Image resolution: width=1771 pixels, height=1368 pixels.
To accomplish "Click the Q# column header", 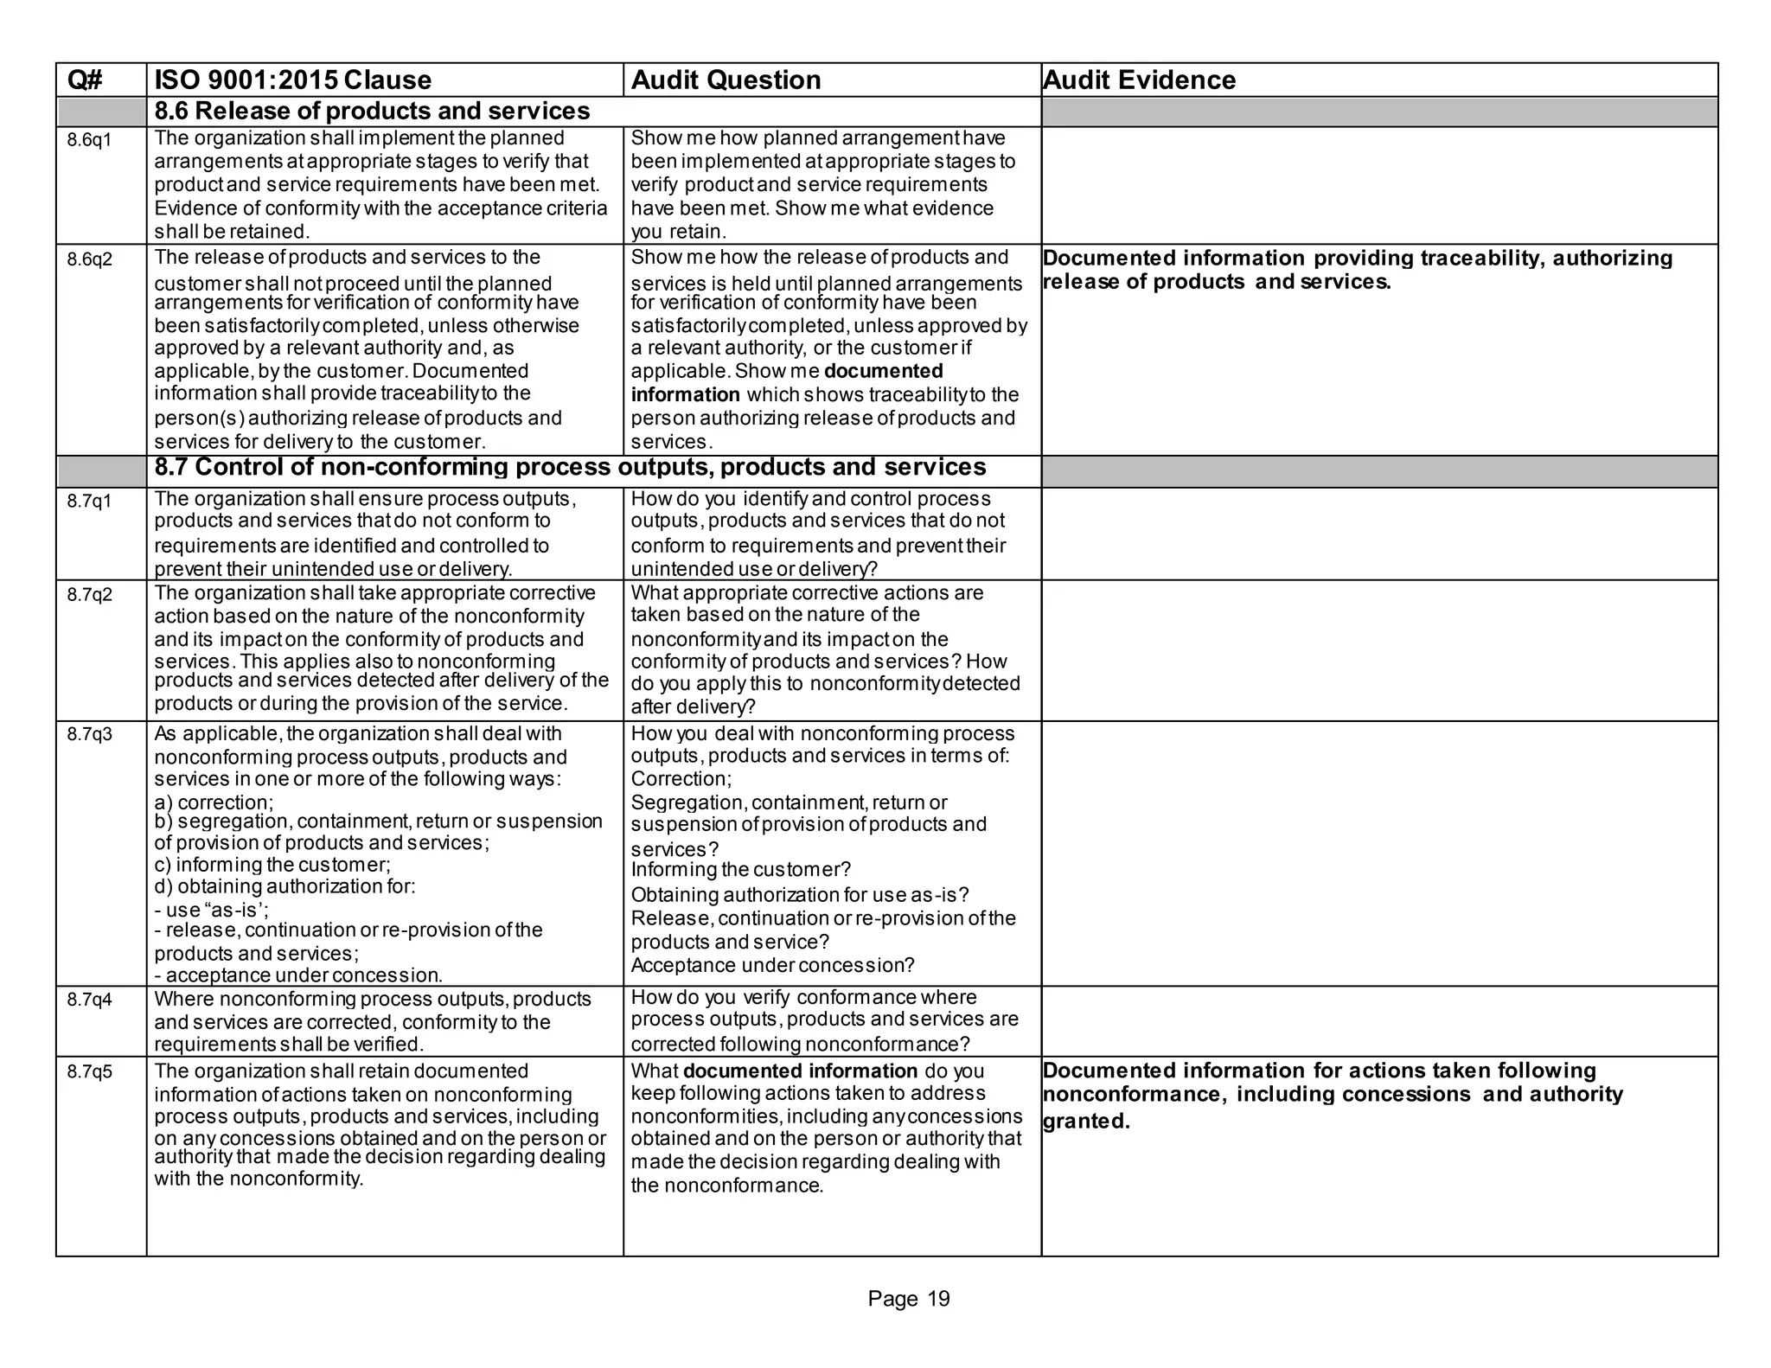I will [86, 80].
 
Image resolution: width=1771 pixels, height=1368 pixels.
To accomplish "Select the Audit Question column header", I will [726, 80].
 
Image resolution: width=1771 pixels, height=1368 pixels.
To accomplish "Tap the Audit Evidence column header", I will [1139, 80].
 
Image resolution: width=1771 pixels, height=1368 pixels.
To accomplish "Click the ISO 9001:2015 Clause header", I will [292, 80].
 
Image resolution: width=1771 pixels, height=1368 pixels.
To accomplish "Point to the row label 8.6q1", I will [89, 140].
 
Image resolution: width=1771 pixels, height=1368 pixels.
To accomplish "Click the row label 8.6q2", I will [89, 259].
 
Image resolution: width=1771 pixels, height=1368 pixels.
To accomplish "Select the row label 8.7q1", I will [89, 501].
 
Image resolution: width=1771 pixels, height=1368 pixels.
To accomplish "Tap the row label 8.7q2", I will [89, 595].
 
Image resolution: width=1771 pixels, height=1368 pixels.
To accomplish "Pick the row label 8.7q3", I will [89, 735].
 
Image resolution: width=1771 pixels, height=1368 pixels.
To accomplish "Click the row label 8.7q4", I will [89, 1000].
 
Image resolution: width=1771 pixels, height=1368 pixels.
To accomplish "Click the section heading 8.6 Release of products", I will [372, 112].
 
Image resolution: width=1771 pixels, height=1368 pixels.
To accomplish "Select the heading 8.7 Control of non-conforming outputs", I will [569, 468].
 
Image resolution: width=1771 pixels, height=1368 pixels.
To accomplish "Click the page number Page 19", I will [908, 1299].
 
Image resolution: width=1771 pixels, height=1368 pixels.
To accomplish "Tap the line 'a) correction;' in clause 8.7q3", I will [214, 802].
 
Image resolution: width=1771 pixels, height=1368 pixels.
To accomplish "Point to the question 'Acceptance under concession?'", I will [772, 965].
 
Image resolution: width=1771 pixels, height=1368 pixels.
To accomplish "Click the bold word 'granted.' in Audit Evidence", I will [1086, 1122].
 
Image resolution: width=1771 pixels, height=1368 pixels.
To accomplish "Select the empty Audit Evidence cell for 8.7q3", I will [1378, 853].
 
